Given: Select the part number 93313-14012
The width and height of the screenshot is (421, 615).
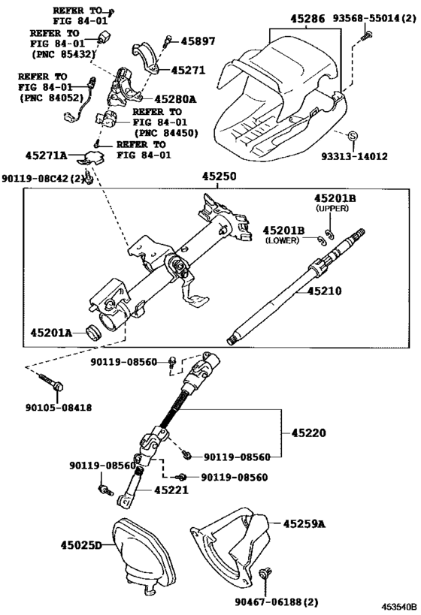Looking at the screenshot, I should point(355,156).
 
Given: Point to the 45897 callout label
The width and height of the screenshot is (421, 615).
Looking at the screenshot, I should point(197,42).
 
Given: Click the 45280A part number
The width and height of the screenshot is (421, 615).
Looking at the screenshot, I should point(175,98).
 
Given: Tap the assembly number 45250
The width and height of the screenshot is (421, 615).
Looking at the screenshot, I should point(218,176).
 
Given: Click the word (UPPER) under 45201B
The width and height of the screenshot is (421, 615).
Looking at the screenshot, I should point(332,207).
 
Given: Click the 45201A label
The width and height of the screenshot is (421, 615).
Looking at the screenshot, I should point(51,331).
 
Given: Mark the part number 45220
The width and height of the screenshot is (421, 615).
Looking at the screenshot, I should point(308,433).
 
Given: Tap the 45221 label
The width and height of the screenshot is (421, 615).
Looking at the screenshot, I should point(171,490).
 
